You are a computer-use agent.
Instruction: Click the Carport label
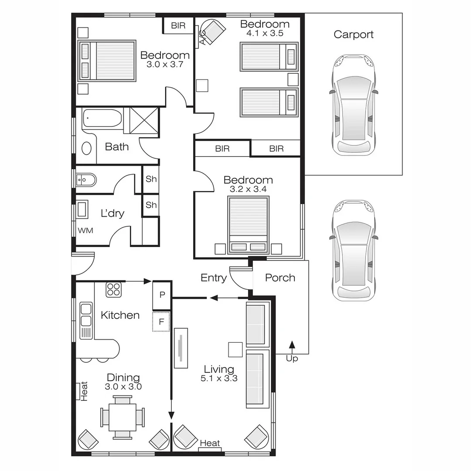pyautogui.click(x=353, y=34)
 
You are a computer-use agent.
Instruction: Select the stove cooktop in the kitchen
pyautogui.click(x=114, y=290)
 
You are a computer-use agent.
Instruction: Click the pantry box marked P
pyautogui.click(x=162, y=295)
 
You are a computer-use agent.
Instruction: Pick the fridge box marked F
pyautogui.click(x=161, y=322)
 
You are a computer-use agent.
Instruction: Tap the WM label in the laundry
pyautogui.click(x=85, y=230)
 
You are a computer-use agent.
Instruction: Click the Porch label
pyautogui.click(x=280, y=278)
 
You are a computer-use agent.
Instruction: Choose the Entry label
pyautogui.click(x=213, y=278)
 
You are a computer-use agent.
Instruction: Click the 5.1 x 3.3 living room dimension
pyautogui.click(x=219, y=379)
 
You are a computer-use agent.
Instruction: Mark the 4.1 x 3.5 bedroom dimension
pyautogui.click(x=265, y=33)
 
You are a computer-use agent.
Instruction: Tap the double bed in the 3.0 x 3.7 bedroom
pyautogui.click(x=107, y=61)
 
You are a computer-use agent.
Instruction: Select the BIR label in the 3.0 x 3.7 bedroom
pyautogui.click(x=178, y=26)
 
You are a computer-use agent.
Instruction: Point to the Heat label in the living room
pyautogui.click(x=210, y=444)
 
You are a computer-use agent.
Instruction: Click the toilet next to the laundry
pyautogui.click(x=85, y=179)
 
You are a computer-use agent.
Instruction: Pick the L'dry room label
pyautogui.click(x=112, y=214)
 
